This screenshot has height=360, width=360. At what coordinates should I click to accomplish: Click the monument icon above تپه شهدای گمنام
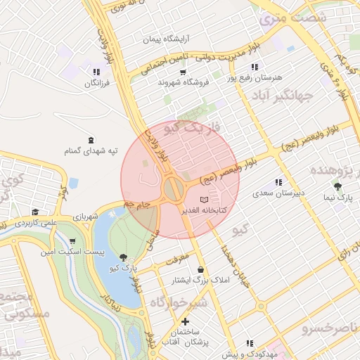90,140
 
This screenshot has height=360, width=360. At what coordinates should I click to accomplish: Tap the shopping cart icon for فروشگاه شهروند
183,72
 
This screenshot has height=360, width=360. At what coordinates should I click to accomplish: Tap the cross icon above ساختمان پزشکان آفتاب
185,321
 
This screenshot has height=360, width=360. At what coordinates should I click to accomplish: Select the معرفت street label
178,259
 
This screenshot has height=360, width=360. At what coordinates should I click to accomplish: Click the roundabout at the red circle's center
173,188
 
